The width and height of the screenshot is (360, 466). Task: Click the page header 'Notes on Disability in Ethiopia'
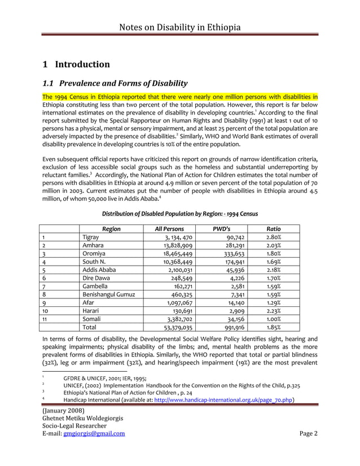pyautogui.click(x=180, y=27)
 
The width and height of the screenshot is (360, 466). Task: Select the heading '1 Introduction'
pyautogui.click(x=77, y=64)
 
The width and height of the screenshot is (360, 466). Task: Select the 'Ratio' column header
pyautogui.click(x=274, y=229)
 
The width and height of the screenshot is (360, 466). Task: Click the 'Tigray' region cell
pyautogui.click(x=91, y=238)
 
